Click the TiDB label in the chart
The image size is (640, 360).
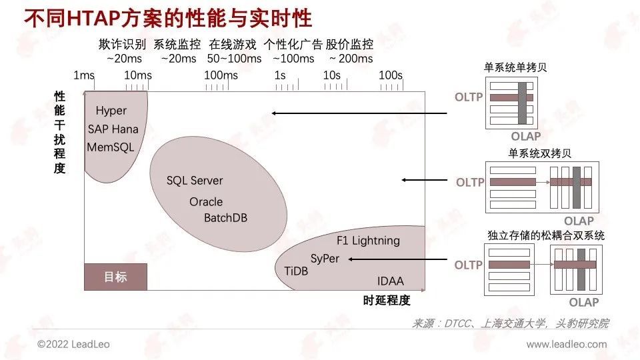pyautogui.click(x=296, y=271)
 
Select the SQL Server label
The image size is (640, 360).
pyautogui.click(x=195, y=181)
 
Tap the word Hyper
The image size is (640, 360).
pyautogui.click(x=111, y=111)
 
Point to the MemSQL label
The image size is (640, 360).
pyautogui.click(x=111, y=147)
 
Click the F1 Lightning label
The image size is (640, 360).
pyautogui.click(x=368, y=241)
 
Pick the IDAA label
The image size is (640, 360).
pyautogui.click(x=391, y=281)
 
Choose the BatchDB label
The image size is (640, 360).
pyautogui.click(x=226, y=218)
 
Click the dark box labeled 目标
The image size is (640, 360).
pyautogui.click(x=115, y=277)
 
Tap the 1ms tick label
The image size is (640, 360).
pyautogui.click(x=84, y=75)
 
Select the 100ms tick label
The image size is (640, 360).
pyautogui.click(x=221, y=75)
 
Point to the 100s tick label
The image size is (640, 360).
pyautogui.click(x=391, y=75)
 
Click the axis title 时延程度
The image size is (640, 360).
pyautogui.click(x=387, y=301)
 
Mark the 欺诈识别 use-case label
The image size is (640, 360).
pyautogui.click(x=122, y=44)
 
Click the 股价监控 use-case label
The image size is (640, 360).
pyautogui.click(x=349, y=44)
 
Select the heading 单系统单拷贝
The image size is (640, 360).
pyautogui.click(x=515, y=67)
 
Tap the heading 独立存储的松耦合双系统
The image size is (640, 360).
pyautogui.click(x=546, y=235)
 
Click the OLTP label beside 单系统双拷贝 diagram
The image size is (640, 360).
pyautogui.click(x=470, y=183)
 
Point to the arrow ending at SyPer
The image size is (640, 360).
pyautogui.click(x=398, y=259)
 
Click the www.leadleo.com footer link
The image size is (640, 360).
pyautogui.click(x=567, y=345)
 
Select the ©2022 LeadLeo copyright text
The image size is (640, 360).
pyautogui.click(x=73, y=345)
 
